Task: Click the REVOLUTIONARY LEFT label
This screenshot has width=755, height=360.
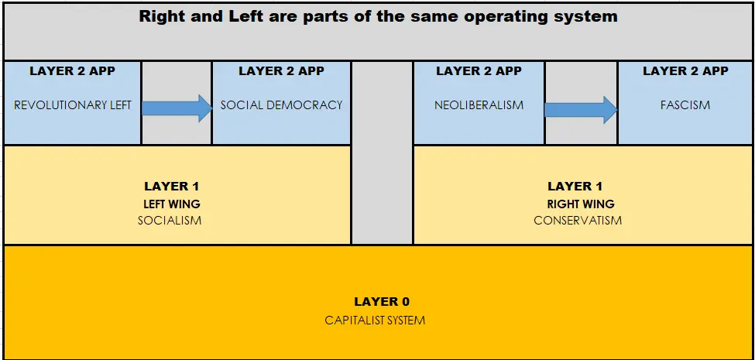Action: coord(73,105)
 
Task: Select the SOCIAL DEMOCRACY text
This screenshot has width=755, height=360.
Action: coord(281,105)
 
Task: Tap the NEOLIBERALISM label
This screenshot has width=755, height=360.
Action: coord(479,105)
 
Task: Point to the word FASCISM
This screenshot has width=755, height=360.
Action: coord(685,105)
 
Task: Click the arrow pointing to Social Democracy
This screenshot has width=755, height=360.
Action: coord(177,108)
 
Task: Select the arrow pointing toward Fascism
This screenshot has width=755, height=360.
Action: coord(582,110)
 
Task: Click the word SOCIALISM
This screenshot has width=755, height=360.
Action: coord(170,221)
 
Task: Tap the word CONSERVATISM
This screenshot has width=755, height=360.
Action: coord(578,221)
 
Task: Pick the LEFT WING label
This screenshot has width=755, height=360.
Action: coord(171,204)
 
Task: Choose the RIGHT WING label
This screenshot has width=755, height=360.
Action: coord(581,204)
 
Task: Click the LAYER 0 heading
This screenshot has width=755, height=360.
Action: coord(382,302)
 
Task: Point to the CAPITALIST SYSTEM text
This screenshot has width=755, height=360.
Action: coord(375,320)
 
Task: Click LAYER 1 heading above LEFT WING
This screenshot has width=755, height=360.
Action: coord(171,187)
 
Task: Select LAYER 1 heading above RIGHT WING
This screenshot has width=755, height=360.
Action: coord(575,187)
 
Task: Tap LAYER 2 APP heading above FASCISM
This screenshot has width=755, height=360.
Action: coord(685,71)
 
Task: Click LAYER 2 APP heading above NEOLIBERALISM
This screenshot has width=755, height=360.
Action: coord(479,71)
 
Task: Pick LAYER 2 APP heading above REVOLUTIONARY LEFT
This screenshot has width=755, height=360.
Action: coord(72,71)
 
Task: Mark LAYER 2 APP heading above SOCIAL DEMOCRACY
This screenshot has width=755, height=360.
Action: coord(281,71)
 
